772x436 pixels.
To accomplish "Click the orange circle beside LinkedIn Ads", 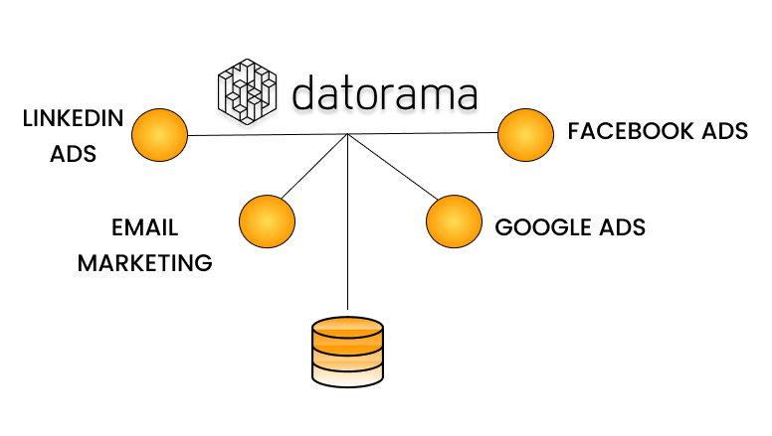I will click(159, 134).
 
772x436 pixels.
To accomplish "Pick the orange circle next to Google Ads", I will click(454, 221).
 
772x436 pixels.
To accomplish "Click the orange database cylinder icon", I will click(347, 352).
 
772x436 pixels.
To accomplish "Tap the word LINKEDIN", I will click(73, 119).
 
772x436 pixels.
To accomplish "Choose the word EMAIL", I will click(145, 227).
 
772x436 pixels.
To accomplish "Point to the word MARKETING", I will click(145, 263).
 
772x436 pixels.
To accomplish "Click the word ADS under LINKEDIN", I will click(73, 155).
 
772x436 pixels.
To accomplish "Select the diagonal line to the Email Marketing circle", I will click(314, 166).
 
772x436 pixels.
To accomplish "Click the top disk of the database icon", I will click(347, 326).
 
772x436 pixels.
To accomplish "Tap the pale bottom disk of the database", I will click(347, 375).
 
